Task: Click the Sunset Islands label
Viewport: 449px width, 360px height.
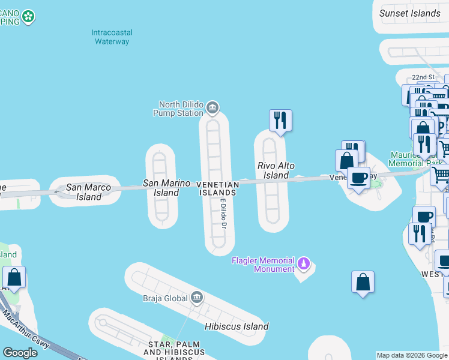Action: tap(411, 13)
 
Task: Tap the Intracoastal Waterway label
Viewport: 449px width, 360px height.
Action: tap(112, 37)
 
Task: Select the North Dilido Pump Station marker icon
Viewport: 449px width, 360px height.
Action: tap(212, 108)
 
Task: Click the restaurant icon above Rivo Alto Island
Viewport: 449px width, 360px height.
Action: tap(280, 120)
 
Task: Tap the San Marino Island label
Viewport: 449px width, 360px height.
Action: tap(166, 188)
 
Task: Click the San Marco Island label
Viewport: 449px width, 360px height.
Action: tap(84, 192)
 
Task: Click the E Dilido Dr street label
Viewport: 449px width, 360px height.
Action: tap(222, 214)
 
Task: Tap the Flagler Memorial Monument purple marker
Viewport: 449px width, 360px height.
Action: tap(304, 264)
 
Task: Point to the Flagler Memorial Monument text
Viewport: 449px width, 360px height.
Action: tap(263, 265)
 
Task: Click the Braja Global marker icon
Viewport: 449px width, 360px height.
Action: tap(197, 297)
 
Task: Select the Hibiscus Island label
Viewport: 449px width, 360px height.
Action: tap(236, 326)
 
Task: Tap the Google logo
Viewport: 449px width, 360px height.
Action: tap(20, 353)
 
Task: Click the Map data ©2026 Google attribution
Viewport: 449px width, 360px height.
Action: tap(412, 355)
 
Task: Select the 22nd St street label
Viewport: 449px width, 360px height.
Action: tap(423, 77)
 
